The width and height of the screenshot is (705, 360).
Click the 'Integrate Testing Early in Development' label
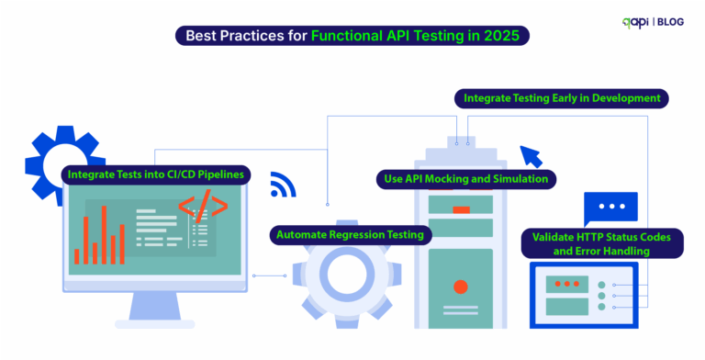561,97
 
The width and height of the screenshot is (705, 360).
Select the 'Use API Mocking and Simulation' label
464,178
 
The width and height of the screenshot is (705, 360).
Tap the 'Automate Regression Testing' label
351,234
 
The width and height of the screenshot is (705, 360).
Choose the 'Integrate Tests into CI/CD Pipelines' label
156,174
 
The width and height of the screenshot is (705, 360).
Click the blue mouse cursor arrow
531,156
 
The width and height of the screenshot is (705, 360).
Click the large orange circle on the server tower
461,284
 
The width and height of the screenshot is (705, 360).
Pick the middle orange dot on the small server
561,284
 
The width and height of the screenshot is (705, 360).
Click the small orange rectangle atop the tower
461,210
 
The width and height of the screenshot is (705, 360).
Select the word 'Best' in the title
205,37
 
